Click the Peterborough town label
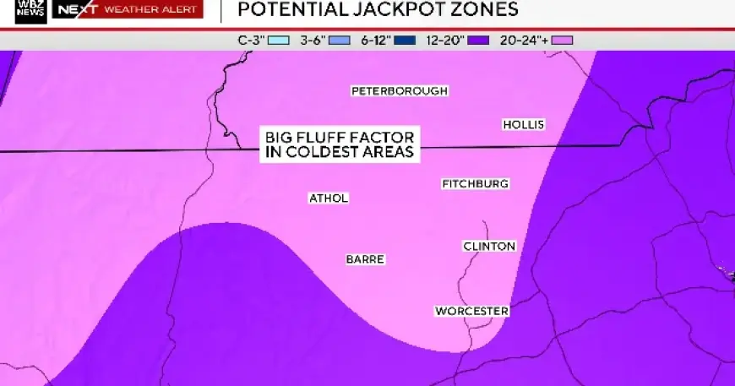[x=399, y=90]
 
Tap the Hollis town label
[x=523, y=124]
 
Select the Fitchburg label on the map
[x=476, y=183]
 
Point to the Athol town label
[x=329, y=198]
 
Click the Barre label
[x=365, y=259]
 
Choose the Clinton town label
[x=489, y=246]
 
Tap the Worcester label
[x=471, y=311]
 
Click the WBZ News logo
[x=30, y=11]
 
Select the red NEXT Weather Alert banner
[x=127, y=10]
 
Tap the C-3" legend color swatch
[x=280, y=40]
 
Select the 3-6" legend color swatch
[x=340, y=40]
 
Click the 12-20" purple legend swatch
[x=479, y=40]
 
